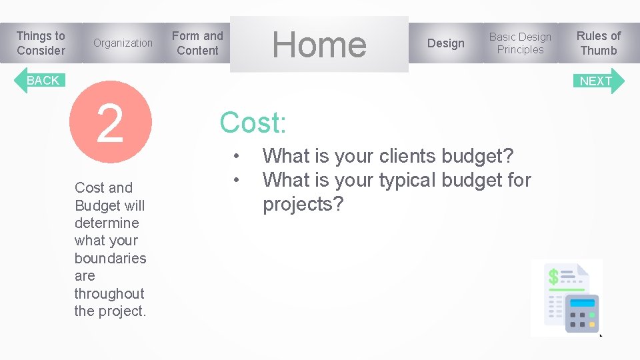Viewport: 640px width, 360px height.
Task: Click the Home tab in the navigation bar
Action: coord(319,44)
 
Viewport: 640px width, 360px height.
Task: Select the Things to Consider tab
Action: coord(41,43)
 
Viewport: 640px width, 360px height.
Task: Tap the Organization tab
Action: coord(123,43)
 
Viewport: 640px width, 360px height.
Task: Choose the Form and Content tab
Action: coord(197,43)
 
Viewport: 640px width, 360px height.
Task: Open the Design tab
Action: coord(445,43)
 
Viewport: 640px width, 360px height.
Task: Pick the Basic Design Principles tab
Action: coord(520,43)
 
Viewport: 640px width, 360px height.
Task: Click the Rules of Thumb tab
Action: coord(598,43)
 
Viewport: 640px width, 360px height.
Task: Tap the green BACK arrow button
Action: coord(39,81)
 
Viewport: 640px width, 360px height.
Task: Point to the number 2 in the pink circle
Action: coord(110,123)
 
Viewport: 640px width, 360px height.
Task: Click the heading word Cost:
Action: coord(253,123)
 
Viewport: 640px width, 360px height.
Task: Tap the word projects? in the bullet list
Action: coord(303,204)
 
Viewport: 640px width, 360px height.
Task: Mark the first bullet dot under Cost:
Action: coord(237,157)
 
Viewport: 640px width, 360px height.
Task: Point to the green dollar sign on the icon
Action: coord(553,276)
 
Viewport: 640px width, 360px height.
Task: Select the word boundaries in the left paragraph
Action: coord(110,258)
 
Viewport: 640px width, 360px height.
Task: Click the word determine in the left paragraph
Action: coord(107,223)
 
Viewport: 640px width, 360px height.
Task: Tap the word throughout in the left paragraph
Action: coord(109,293)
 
